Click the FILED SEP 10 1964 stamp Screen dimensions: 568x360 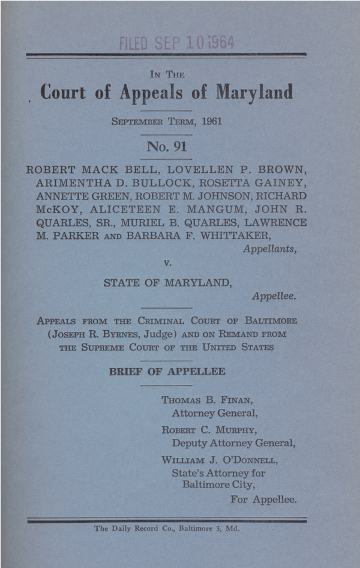[x=177, y=42]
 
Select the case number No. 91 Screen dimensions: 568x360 [x=166, y=146]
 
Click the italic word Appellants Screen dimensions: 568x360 [x=269, y=249]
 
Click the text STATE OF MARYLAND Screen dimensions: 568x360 [x=167, y=283]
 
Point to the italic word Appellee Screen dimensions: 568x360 [x=274, y=296]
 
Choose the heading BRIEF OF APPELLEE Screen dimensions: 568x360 [x=167, y=372]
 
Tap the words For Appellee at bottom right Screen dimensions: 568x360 [x=263, y=499]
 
